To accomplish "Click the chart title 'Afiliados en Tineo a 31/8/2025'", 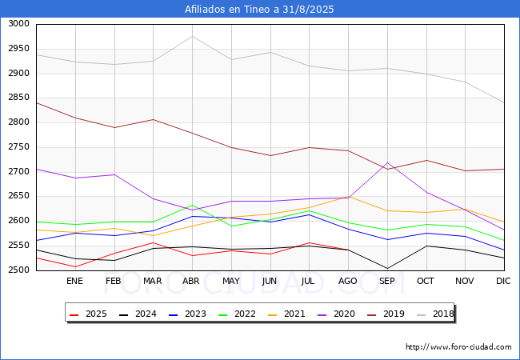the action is [x=259, y=10].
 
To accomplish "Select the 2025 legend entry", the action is [x=89, y=314].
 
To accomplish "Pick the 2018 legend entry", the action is [x=435, y=314].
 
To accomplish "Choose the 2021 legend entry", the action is [x=286, y=314].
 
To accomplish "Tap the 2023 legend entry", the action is [x=187, y=314].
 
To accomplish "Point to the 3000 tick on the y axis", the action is [x=19, y=23].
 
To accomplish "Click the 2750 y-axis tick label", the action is [x=19, y=147].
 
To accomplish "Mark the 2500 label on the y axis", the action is [x=19, y=270].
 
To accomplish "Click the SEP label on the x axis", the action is [x=386, y=281].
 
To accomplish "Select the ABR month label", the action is [x=191, y=281].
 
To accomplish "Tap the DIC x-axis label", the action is [x=503, y=281].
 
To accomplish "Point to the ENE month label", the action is [x=74, y=281].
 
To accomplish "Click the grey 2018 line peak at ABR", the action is [x=192, y=37].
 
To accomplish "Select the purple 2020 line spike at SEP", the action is [x=387, y=162].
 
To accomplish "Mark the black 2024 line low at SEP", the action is [x=387, y=268].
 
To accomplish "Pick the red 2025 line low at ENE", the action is [x=76, y=266].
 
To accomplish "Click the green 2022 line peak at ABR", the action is [x=192, y=205].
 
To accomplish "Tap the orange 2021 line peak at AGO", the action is [x=348, y=196].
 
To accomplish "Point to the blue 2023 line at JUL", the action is [x=310, y=214].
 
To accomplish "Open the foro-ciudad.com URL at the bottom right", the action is [x=458, y=346].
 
